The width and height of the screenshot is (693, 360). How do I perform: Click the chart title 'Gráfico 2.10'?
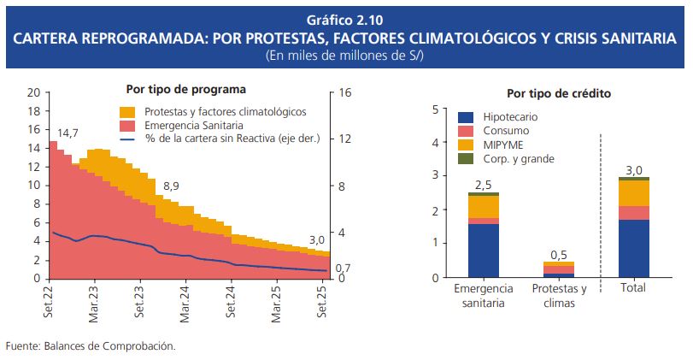(x=346, y=19)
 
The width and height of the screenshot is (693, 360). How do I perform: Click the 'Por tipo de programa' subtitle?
(x=186, y=88)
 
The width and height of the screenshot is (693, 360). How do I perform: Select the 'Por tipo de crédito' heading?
(x=559, y=93)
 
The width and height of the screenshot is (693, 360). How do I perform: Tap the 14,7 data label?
(x=68, y=133)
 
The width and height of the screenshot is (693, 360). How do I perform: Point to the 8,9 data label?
(x=171, y=186)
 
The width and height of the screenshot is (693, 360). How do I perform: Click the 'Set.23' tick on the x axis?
(x=140, y=302)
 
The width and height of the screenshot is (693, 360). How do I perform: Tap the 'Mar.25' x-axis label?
(x=277, y=302)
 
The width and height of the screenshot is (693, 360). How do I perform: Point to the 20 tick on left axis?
(x=33, y=92)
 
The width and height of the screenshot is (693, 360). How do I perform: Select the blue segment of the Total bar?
(x=634, y=249)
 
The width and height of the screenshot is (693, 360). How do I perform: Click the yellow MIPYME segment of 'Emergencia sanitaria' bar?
(x=484, y=207)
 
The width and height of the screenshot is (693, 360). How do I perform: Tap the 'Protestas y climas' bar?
(x=559, y=269)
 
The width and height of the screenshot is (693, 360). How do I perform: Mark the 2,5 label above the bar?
(x=483, y=185)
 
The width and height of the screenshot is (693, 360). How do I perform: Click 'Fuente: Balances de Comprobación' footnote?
(x=90, y=346)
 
